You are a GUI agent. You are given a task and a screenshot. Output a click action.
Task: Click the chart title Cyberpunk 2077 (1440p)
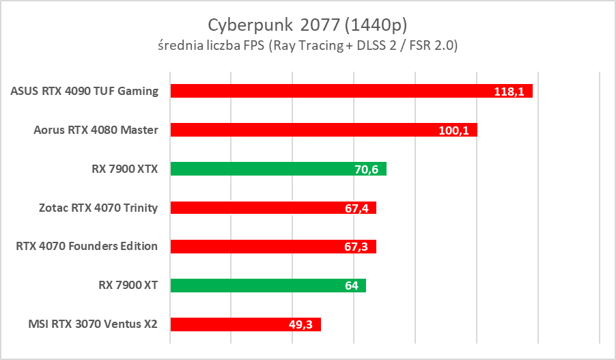[307, 25]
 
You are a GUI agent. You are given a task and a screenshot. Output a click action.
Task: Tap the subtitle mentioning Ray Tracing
[307, 46]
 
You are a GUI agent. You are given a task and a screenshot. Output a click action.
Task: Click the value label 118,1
[509, 92]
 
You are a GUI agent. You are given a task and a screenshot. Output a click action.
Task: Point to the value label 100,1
[453, 130]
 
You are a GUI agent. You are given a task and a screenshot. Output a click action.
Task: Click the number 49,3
[301, 325]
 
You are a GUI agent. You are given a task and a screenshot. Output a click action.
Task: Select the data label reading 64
[352, 286]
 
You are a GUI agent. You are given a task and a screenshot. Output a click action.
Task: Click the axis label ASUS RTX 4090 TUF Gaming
[85, 91]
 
